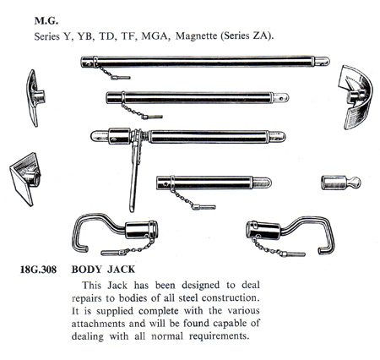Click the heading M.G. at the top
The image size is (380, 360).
46,21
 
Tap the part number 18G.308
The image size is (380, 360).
38,270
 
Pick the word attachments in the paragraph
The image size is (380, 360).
99,324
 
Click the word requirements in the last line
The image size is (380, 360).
220,336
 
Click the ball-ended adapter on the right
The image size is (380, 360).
341,183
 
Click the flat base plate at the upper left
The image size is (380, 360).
33,98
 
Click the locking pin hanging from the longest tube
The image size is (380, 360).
120,77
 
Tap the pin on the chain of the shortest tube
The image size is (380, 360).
204,208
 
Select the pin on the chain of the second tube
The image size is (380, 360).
152,117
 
